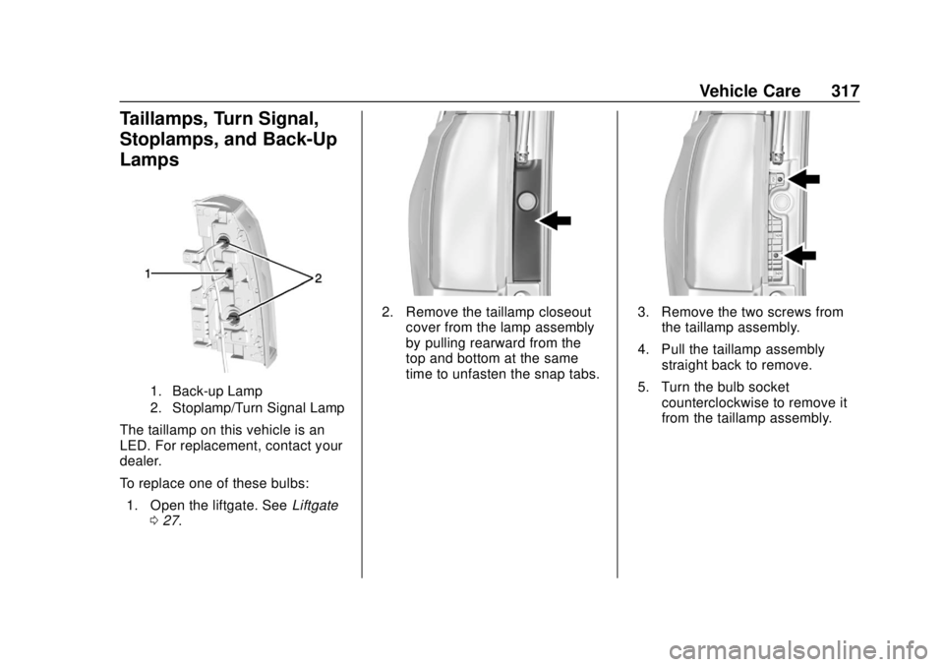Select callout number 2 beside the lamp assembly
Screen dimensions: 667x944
click(317, 280)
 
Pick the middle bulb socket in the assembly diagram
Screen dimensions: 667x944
click(229, 275)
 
